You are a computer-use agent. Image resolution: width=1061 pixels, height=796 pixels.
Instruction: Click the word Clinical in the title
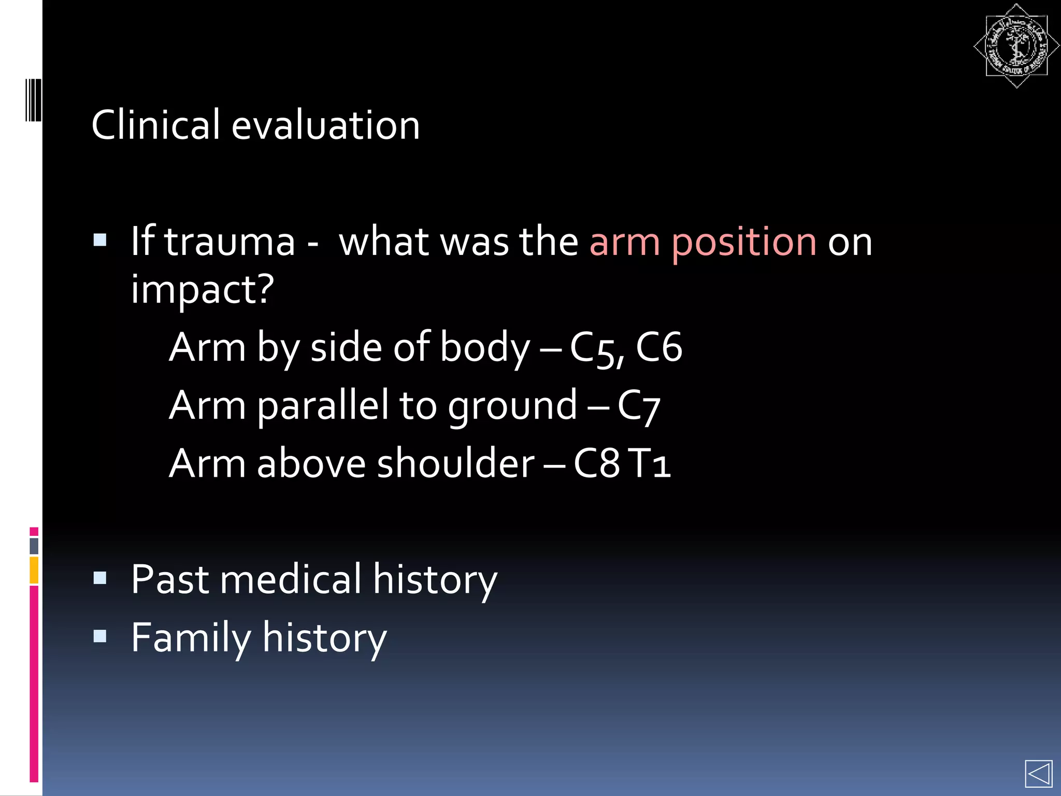coord(155,125)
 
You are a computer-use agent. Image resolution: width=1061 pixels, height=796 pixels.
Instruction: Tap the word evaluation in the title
coord(325,125)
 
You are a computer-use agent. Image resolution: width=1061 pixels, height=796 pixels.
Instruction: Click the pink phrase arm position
coord(703,241)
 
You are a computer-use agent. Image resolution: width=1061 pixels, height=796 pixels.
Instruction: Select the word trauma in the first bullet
coord(230,241)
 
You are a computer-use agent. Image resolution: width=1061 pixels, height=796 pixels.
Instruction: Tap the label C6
coord(658,347)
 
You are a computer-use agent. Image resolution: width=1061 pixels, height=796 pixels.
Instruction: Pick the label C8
coord(596,463)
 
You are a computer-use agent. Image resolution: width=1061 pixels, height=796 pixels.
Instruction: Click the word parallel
coord(322,405)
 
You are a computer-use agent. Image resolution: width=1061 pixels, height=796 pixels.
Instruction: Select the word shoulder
coord(455,463)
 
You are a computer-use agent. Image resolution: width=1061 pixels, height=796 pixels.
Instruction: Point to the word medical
coord(290,579)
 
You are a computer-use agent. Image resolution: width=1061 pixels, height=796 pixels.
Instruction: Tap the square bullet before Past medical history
coord(100,578)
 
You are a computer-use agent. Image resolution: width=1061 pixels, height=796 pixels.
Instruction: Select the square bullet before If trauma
coord(100,240)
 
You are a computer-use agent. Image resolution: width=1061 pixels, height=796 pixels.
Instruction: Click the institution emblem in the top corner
coord(1016,46)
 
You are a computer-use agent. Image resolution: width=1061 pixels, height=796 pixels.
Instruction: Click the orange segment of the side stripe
coord(34,570)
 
